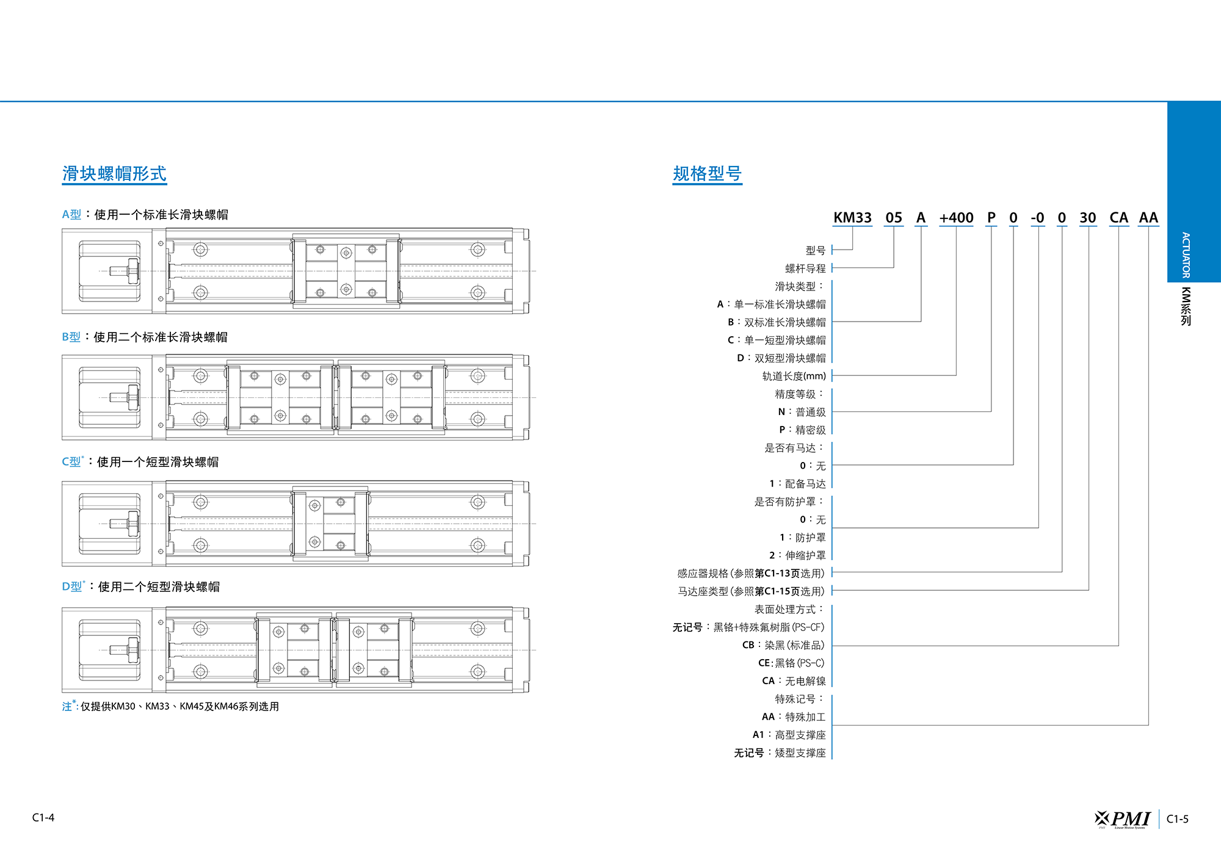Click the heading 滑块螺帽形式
click(114, 174)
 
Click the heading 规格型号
click(707, 174)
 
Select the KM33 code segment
click(852, 218)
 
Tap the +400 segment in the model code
click(956, 218)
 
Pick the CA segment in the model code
click(1118, 218)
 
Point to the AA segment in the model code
click(1148, 218)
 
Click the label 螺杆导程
click(805, 269)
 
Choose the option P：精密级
click(802, 430)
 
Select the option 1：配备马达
click(797, 483)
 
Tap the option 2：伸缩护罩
click(797, 555)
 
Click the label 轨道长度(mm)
click(794, 376)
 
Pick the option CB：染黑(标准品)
click(783, 645)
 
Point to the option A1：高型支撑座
click(789, 735)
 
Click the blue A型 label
click(71, 215)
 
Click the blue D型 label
click(72, 586)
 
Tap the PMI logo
click(1122, 819)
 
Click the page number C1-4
click(43, 818)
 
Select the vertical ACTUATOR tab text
click(1186, 255)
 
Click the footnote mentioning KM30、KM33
click(170, 706)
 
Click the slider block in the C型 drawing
click(330, 524)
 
